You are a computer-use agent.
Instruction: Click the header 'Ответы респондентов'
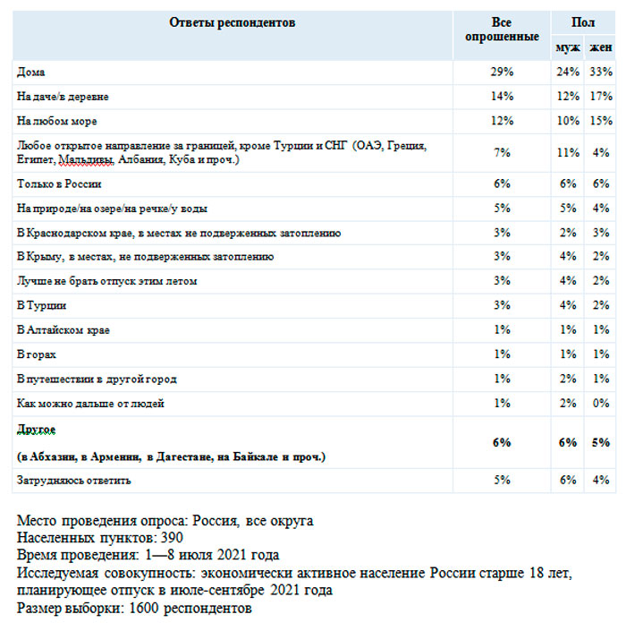point(232,22)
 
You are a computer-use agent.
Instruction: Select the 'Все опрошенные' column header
point(502,30)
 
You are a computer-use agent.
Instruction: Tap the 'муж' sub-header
point(567,47)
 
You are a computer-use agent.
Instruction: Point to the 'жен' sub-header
point(600,47)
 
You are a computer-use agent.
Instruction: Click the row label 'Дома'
point(30,72)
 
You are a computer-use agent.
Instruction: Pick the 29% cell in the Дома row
point(502,72)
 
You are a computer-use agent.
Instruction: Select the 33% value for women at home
point(600,72)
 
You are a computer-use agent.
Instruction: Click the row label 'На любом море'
point(57,121)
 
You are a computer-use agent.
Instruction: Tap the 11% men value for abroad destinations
point(568,152)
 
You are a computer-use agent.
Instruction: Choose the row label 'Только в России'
point(59,184)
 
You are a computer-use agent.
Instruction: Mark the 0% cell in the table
point(600,404)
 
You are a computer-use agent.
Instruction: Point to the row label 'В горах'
point(37,355)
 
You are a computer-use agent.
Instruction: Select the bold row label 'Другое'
point(37,431)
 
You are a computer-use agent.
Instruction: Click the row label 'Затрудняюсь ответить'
point(74,481)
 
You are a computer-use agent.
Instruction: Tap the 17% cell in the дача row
point(600,96)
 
